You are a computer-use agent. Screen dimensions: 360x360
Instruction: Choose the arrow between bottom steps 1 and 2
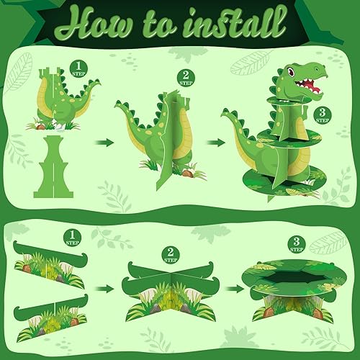(106, 289)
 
